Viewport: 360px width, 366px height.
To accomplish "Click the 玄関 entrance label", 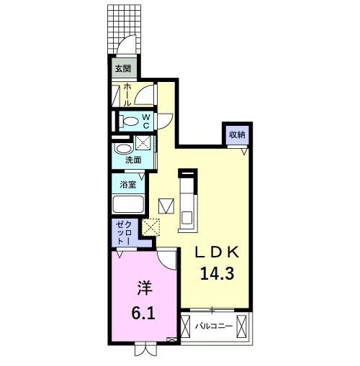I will (x=122, y=69).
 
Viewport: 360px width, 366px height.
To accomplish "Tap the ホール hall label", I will (x=127, y=95).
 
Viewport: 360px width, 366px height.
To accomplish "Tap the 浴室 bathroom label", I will (x=128, y=184).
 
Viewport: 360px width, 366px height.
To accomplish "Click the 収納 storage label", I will (x=236, y=134).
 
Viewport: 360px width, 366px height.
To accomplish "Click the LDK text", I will (x=219, y=254).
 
